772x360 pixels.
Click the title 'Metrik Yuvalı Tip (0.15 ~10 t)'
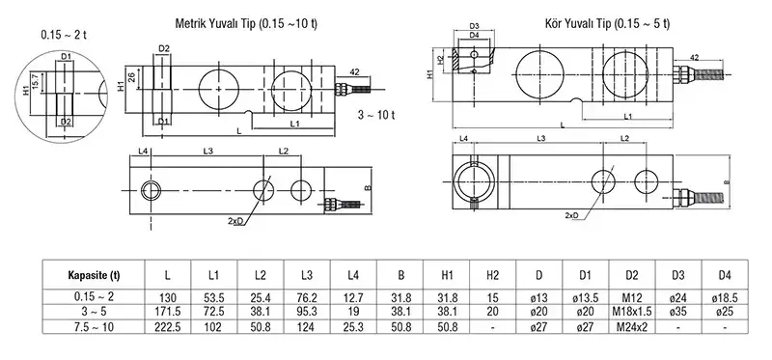pyautogui.click(x=246, y=23)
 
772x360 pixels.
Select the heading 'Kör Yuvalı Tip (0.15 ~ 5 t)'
pyautogui.click(x=607, y=23)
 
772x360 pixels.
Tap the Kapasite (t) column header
pyautogui.click(x=94, y=275)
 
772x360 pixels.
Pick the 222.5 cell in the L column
pyautogui.click(x=167, y=326)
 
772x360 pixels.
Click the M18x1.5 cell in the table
pyautogui.click(x=632, y=312)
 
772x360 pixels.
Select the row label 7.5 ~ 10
pyautogui.click(x=94, y=326)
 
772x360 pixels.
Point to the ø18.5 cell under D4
pyautogui.click(x=725, y=297)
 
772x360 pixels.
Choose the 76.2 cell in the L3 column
pyautogui.click(x=306, y=297)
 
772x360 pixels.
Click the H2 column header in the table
pyautogui.click(x=492, y=275)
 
